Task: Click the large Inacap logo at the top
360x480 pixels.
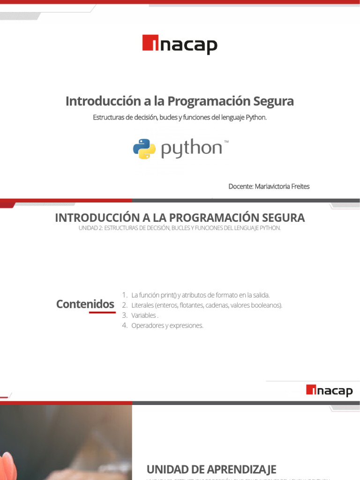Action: [180, 45]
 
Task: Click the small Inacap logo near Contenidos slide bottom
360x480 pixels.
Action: [329, 390]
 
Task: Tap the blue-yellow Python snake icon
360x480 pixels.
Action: [144, 149]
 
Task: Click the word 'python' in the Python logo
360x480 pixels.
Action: [191, 150]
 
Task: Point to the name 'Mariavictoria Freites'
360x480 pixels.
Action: [282, 187]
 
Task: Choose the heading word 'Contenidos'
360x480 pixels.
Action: [85, 304]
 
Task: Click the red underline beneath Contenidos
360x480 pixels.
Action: [102, 312]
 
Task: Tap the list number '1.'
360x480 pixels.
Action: [125, 295]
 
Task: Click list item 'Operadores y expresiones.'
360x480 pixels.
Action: [167, 326]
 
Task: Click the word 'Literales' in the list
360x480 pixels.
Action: [142, 306]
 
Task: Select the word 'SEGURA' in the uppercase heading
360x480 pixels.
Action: [281, 217]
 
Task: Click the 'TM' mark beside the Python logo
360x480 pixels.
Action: [226, 141]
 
